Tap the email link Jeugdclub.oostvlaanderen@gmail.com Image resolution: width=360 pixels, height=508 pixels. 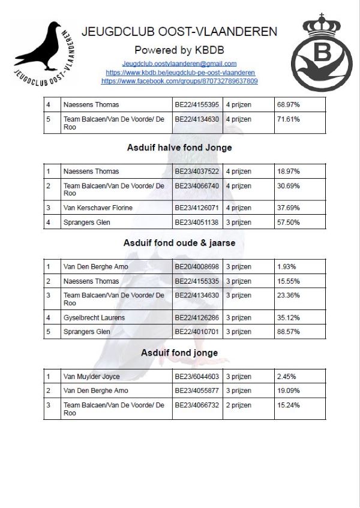click(x=179, y=64)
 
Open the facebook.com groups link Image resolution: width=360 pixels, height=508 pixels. click(x=179, y=80)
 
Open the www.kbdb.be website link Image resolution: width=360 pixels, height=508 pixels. click(x=179, y=72)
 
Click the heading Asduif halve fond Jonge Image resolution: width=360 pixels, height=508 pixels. click(x=179, y=148)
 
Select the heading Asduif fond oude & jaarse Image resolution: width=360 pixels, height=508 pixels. click(x=179, y=243)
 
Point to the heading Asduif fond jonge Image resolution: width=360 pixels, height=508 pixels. click(x=179, y=353)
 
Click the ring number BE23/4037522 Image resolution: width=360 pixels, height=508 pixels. click(x=197, y=172)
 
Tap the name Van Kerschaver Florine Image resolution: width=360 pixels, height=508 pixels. click(x=98, y=208)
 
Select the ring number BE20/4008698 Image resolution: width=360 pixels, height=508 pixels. click(x=197, y=266)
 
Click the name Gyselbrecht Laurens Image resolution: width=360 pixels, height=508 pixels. click(x=94, y=317)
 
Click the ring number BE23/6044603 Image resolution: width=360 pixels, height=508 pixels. click(x=197, y=377)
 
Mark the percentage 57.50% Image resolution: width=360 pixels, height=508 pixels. click(x=288, y=223)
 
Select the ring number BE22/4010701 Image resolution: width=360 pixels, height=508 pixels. click(x=197, y=332)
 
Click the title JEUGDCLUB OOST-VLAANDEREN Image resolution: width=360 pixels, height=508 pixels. click(x=179, y=32)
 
